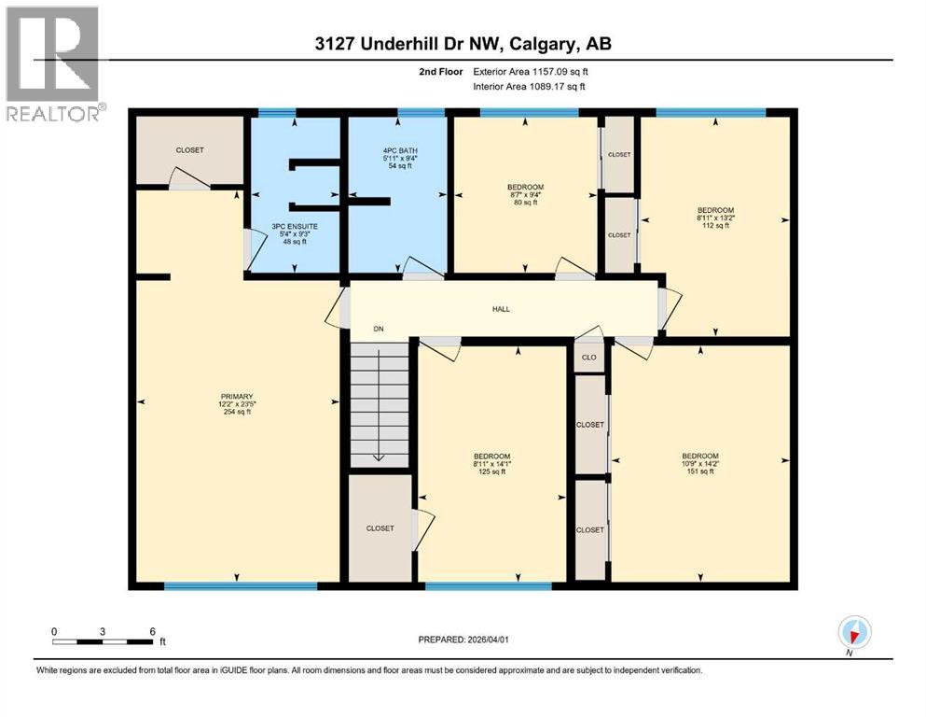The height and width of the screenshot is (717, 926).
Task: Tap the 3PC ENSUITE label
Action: [289, 226]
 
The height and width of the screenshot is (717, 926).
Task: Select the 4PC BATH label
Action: [395, 150]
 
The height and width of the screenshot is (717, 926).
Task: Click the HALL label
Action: [501, 310]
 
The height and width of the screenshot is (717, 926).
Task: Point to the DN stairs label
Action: [379, 329]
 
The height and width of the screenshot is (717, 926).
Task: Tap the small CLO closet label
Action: [588, 357]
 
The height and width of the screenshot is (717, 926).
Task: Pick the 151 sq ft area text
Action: [699, 471]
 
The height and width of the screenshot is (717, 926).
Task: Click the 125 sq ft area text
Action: [491, 471]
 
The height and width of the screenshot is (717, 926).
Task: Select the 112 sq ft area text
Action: [715, 225]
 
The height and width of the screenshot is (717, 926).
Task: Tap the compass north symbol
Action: [854, 632]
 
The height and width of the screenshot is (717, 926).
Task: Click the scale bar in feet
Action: [104, 640]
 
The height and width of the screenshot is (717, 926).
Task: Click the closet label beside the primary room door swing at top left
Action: [189, 150]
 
